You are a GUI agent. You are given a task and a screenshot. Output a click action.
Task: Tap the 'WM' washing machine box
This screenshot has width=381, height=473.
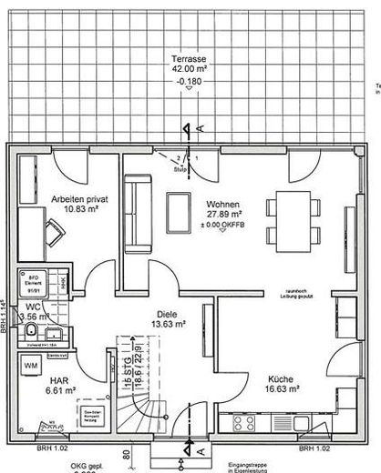pyautogui.click(x=30, y=365)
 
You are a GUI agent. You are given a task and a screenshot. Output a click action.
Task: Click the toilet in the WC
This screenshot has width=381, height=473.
pyautogui.click(x=30, y=334)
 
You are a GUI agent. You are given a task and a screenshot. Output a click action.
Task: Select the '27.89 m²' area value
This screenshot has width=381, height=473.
pyautogui.click(x=223, y=214)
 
